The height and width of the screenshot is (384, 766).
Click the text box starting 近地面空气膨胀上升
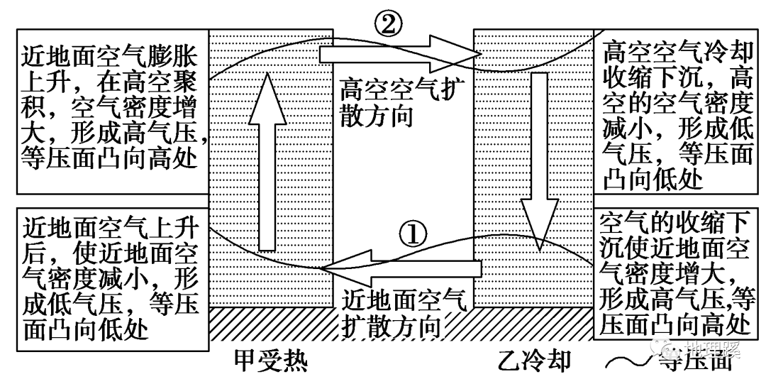click(113, 104)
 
